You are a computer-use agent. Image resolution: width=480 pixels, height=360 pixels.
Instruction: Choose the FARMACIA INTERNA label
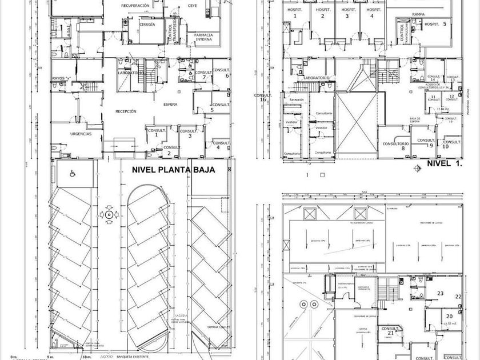pos(203,37)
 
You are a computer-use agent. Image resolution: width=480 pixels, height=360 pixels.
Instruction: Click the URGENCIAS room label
pos(81,134)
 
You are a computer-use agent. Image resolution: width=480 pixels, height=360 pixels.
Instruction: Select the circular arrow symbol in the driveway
pos(108,214)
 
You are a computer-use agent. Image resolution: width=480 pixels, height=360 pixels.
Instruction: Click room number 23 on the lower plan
pos(440,294)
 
